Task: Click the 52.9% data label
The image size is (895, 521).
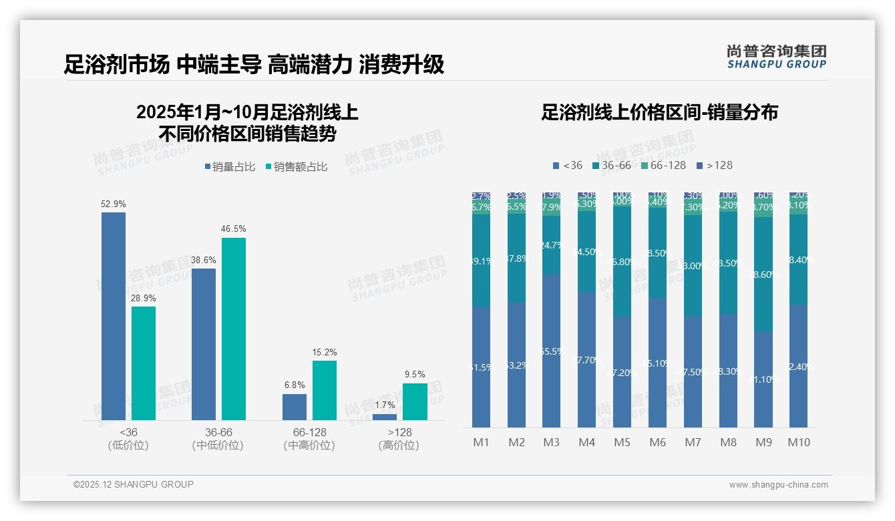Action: [114, 204]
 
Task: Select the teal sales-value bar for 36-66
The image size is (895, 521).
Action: [234, 329]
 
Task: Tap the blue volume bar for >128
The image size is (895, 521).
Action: [384, 417]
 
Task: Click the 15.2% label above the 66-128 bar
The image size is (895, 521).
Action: [325, 352]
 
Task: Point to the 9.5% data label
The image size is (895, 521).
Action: [415, 374]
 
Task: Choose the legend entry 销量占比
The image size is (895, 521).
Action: [229, 167]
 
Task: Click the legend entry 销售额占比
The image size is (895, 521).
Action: [296, 167]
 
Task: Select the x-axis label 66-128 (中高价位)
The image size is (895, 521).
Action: [309, 439]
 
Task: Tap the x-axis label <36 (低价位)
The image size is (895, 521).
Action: [128, 439]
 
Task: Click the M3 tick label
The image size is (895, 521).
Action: [551, 442]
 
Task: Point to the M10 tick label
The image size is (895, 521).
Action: [798, 442]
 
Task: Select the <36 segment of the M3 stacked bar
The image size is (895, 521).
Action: [551, 351]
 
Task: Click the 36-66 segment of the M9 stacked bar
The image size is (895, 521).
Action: [763, 274]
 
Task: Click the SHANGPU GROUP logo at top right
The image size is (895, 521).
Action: [776, 57]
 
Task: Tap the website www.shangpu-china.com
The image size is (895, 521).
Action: [778, 485]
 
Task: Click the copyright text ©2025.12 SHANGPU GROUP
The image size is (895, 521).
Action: [134, 484]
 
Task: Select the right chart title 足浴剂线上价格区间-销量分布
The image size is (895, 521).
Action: [659, 112]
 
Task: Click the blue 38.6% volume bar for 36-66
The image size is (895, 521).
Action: [204, 344]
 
